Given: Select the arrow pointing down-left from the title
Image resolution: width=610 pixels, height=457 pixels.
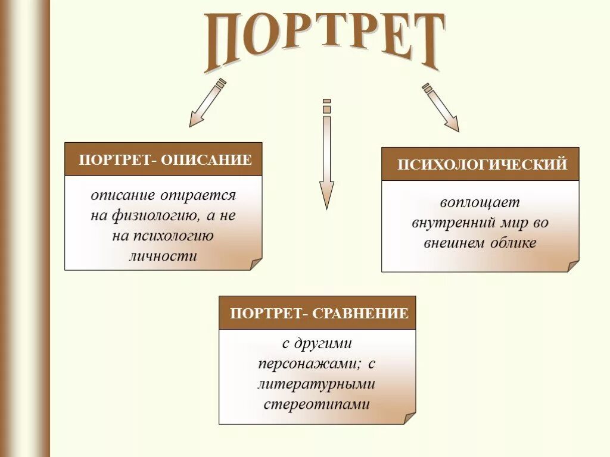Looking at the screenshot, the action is (207, 104).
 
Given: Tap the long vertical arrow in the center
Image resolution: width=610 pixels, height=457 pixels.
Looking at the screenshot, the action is (326, 155).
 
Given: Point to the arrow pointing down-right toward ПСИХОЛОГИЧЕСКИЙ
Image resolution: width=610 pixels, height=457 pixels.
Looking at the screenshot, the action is (441, 107).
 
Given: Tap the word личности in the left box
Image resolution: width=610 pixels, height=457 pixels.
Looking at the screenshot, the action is (163, 256).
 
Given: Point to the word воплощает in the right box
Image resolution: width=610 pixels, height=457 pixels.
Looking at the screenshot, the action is (480, 203).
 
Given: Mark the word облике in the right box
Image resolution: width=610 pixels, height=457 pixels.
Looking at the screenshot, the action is (514, 243).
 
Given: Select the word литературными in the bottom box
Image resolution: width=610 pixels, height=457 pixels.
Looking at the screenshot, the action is (317, 384).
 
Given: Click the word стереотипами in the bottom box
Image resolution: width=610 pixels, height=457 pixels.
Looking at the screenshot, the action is (317, 405).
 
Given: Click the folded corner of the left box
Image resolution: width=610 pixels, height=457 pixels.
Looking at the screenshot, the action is (256, 264).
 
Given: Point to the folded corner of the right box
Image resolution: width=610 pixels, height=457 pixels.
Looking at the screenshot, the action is (572, 266).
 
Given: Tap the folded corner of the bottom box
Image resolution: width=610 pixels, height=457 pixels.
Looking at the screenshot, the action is (410, 418).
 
